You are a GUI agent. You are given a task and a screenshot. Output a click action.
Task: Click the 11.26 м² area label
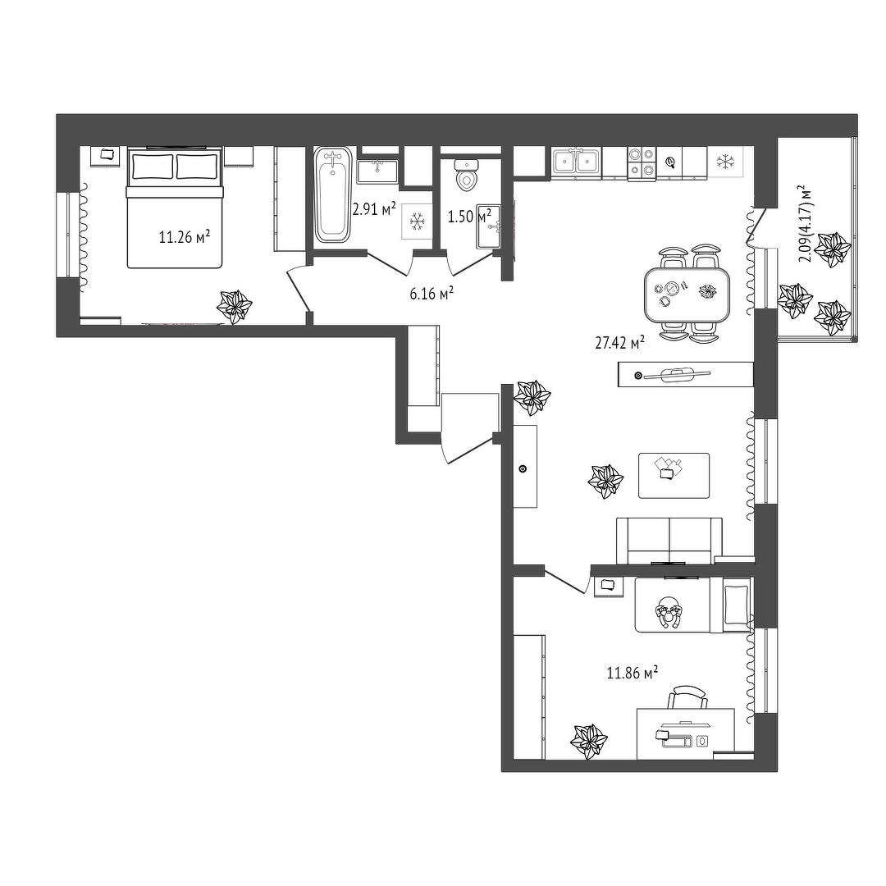pos(185,236)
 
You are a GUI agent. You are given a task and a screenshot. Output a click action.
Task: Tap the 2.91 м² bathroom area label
pos(373,210)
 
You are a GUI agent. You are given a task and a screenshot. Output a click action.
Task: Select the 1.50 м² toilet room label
pos(469,215)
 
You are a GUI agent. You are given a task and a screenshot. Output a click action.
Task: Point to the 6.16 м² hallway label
pos(432,293)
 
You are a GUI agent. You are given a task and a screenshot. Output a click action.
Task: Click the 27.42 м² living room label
pos(620,342)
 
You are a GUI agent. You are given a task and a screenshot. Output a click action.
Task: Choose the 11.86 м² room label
pos(633,673)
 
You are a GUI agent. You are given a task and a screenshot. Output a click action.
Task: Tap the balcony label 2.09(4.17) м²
pos(806,224)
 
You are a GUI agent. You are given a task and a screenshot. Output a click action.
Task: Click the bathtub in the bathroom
pos(332,195)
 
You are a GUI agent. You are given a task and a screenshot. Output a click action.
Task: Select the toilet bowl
pos(467,175)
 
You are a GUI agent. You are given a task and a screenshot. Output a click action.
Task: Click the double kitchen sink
pos(577,162)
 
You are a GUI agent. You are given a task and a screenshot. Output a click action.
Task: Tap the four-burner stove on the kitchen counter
pos(642,162)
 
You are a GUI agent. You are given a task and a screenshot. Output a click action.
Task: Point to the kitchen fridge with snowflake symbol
pos(725,162)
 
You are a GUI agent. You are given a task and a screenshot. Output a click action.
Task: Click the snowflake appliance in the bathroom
pos(417,221)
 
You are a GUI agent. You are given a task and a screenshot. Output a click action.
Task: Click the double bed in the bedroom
pos(174,208)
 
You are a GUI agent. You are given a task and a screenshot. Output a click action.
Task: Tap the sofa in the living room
pos(669,541)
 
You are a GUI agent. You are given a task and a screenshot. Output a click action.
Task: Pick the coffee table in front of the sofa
pos(674,475)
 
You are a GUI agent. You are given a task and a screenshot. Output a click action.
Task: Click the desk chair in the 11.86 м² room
pos(687,697)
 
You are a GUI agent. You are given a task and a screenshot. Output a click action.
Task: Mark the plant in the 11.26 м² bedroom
pos(235,307)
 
